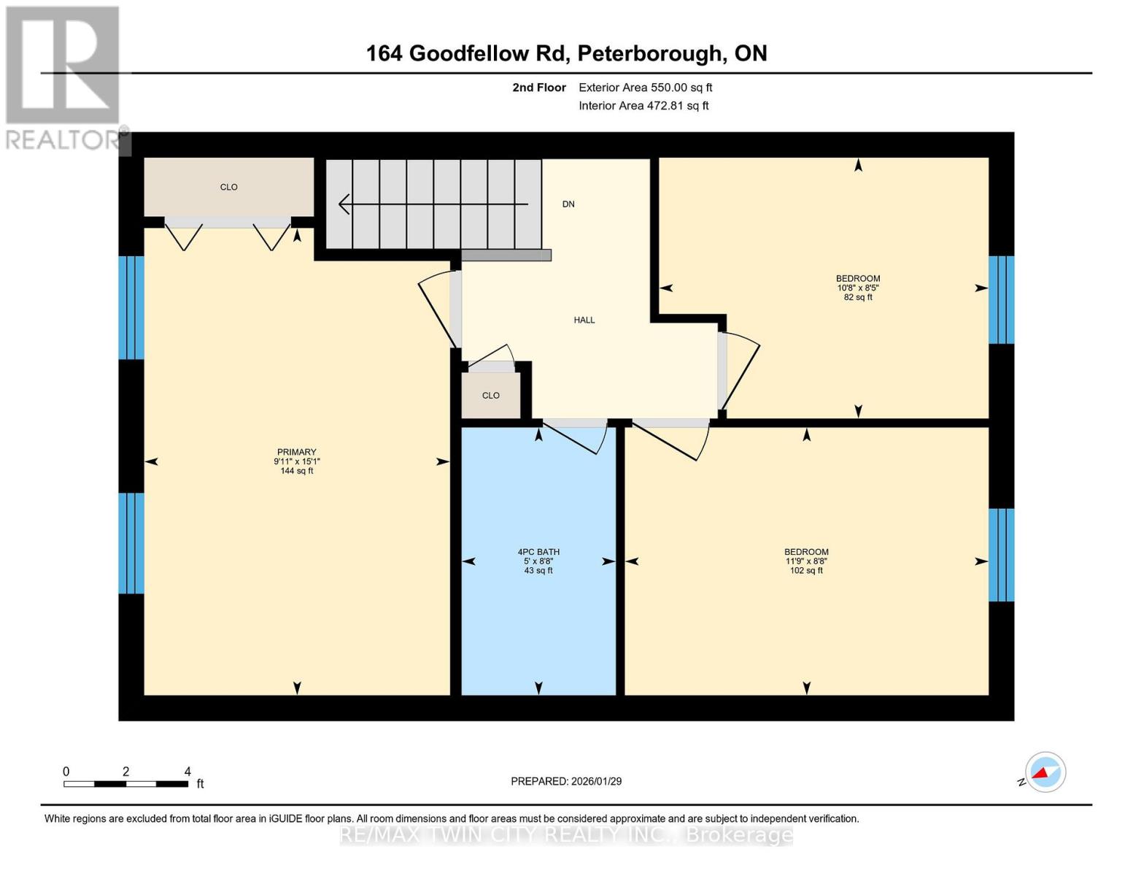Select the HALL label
(584, 320)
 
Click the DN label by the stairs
(568, 204)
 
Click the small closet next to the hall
(491, 396)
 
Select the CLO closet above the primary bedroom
(229, 187)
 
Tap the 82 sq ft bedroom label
(858, 288)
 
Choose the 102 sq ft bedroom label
(806, 561)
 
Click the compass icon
(1045, 772)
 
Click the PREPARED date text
(566, 782)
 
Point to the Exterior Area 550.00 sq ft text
(645, 88)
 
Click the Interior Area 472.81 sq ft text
(643, 106)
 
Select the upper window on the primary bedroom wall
(131, 307)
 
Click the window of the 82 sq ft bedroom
(1001, 299)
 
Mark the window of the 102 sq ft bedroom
(1001, 555)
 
